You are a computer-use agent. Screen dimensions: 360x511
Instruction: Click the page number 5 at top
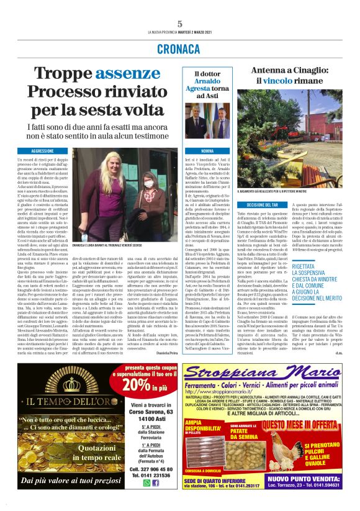179,24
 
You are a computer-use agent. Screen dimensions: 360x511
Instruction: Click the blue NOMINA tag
208,151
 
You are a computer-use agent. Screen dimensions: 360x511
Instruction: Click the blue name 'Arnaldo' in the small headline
209,82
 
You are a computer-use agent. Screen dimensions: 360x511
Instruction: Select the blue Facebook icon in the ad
155,482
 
